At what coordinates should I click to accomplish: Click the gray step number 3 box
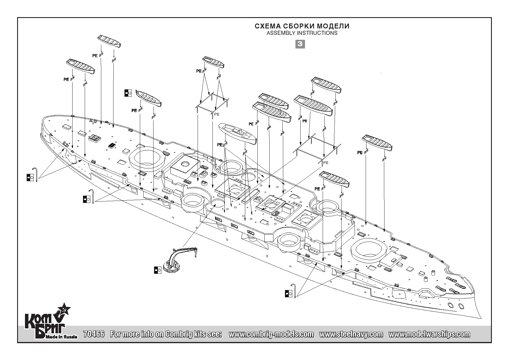point(300,44)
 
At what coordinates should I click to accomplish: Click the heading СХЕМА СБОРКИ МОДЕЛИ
point(302,26)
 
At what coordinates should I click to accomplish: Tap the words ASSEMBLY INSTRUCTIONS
point(302,33)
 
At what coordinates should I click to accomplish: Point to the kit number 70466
point(94,334)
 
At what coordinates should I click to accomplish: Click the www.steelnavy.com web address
point(351,334)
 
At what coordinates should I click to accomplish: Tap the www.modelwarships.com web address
point(429,334)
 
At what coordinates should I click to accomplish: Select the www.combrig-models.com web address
point(271,334)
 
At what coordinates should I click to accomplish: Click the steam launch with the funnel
point(238,134)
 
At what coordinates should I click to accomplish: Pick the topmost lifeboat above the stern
point(109,41)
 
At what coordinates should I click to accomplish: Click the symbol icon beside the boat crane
point(158,270)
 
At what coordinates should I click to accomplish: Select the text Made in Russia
point(61,337)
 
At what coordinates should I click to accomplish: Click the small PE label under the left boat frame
point(217,114)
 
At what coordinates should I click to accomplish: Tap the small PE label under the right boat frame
point(326,163)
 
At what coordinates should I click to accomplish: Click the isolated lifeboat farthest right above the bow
point(377,143)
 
